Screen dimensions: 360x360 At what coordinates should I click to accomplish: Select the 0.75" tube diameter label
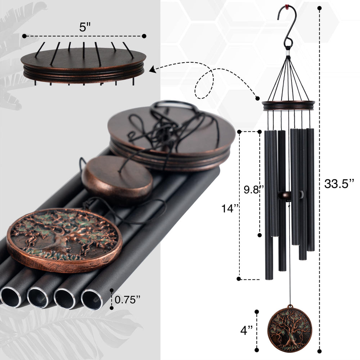click(x=127, y=300)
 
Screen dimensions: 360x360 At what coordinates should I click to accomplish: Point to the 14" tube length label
click(x=230, y=208)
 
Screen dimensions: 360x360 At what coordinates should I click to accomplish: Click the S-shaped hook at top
click(x=287, y=28)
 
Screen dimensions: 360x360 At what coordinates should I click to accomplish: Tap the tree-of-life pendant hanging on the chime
click(x=290, y=328)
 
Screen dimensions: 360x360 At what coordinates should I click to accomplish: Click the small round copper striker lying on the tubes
click(x=117, y=177)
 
